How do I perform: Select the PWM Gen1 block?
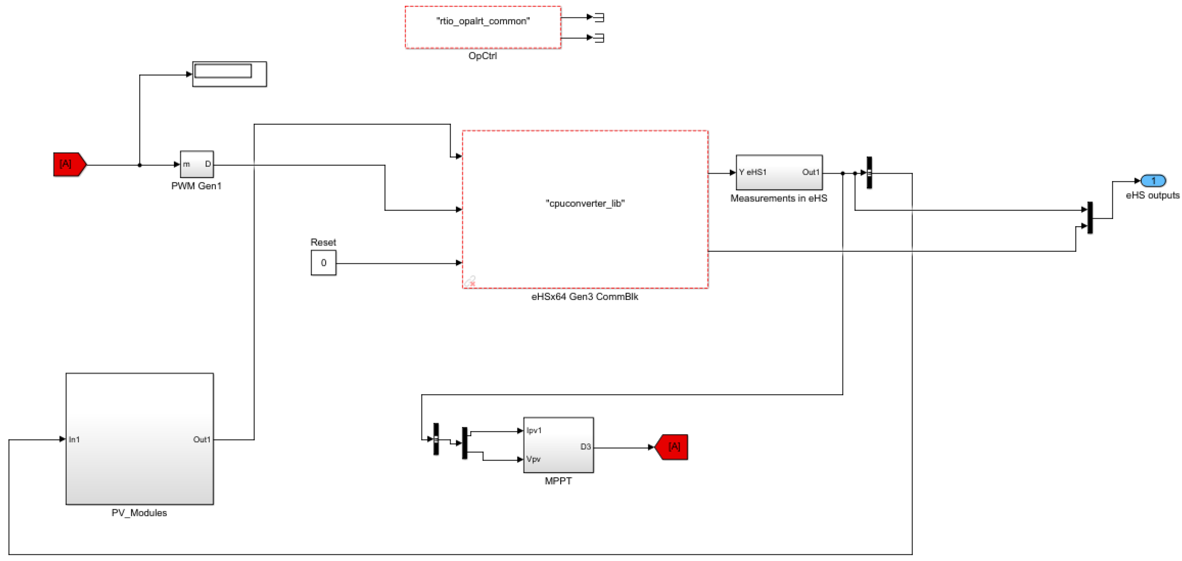(x=196, y=164)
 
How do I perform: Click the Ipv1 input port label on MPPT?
(x=534, y=430)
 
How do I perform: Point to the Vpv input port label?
(x=533, y=459)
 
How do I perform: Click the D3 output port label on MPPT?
(x=585, y=447)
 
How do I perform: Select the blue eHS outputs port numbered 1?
(x=1153, y=181)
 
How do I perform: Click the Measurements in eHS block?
(x=779, y=172)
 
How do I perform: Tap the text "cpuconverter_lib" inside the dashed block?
(x=585, y=203)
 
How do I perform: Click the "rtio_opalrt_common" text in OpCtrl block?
(x=483, y=21)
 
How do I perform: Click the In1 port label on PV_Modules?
(x=74, y=439)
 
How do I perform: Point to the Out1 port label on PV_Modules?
(x=202, y=439)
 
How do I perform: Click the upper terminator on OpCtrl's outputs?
(x=599, y=17)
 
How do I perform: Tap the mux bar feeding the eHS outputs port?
(x=1090, y=218)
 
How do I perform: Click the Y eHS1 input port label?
(x=753, y=172)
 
